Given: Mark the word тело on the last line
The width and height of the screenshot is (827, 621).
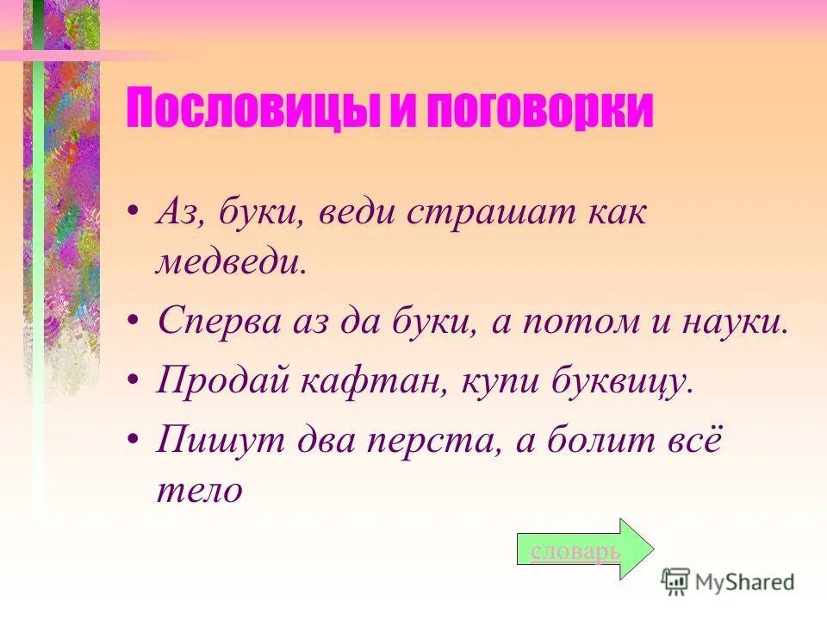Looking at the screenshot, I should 199,490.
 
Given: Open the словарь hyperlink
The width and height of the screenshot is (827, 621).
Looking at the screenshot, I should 575,550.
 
